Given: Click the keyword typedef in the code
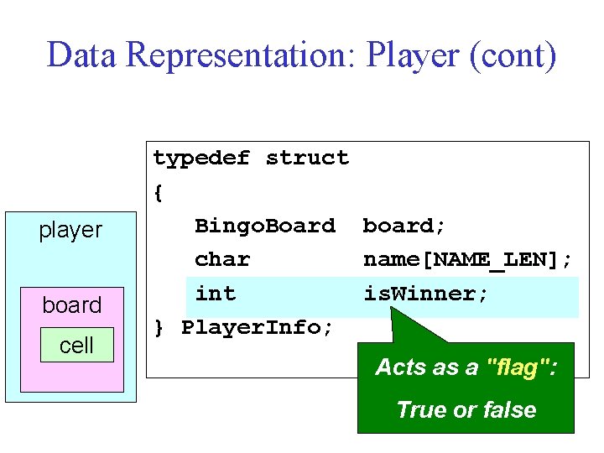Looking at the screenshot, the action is point(201,158).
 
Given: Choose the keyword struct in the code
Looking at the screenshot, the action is point(307,158).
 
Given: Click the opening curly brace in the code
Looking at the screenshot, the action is point(158,192).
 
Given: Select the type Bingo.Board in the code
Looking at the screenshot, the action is point(264,226).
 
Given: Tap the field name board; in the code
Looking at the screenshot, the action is point(404,226).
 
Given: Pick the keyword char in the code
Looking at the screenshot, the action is point(222,259).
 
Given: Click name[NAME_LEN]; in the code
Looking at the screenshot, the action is point(467,259).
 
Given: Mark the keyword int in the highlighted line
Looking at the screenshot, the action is point(216,294).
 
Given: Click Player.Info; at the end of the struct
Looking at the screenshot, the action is point(258,327).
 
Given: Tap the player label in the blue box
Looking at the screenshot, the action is point(70,230).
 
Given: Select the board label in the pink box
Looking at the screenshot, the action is point(72,305).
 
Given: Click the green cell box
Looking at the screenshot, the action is point(76,345).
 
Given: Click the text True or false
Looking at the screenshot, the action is point(466,409).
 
